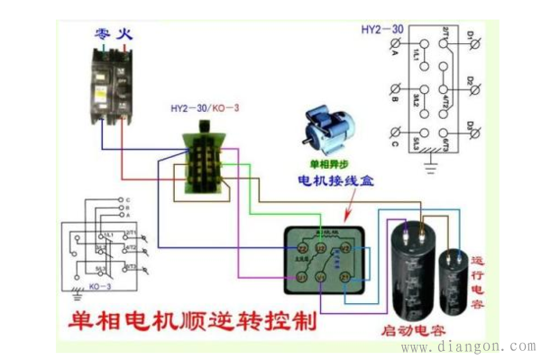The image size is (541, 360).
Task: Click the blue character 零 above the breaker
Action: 102,35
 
